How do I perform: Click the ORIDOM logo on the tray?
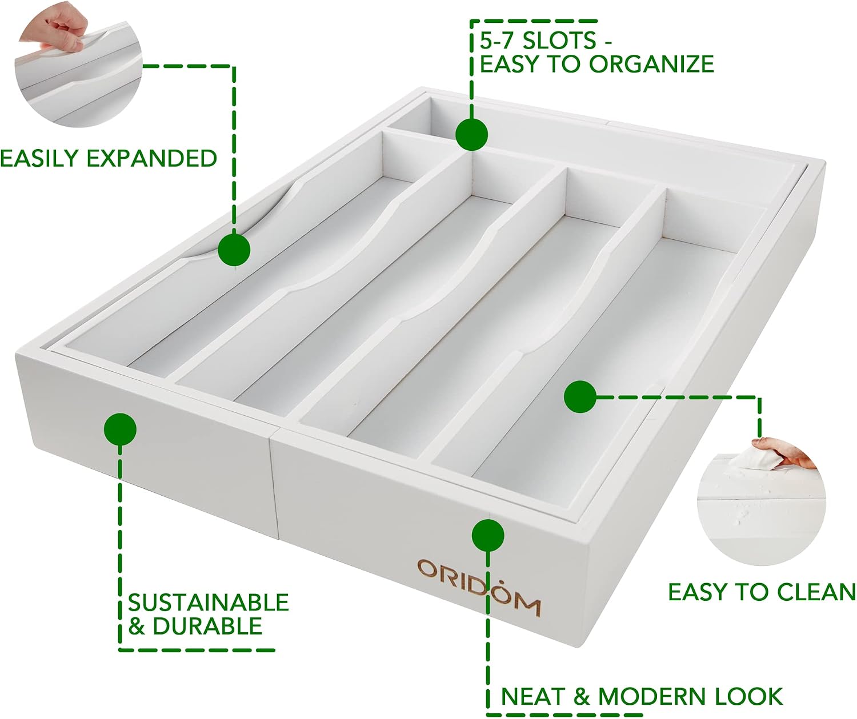479,587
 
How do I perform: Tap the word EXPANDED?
152,158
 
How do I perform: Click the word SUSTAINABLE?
209,602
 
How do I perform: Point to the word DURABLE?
208,626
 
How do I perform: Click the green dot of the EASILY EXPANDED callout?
234,250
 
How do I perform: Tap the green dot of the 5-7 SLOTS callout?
471,134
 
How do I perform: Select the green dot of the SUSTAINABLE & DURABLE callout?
120,429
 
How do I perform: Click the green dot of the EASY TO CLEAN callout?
580,397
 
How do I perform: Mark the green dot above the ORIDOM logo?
487,535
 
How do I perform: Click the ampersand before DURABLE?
137,626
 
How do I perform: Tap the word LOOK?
750,696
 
